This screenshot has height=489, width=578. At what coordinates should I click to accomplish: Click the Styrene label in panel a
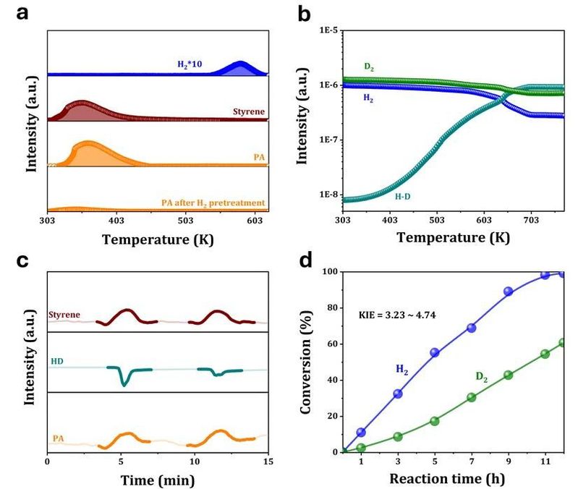click(x=248, y=112)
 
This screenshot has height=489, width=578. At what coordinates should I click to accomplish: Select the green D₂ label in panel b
click(x=369, y=68)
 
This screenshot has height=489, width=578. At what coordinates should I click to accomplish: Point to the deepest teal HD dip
click(x=124, y=383)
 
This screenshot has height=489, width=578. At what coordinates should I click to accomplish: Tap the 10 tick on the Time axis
click(x=194, y=460)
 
